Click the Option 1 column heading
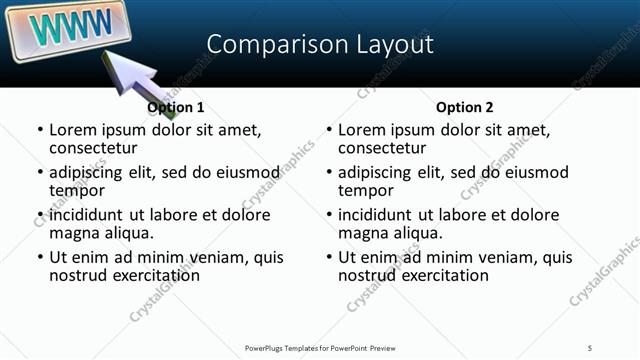175,107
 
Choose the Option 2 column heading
465,107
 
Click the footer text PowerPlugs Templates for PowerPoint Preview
321,347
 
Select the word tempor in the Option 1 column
77,190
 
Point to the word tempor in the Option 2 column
366,190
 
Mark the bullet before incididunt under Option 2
329,215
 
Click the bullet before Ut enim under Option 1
40,257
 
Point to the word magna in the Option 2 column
361,232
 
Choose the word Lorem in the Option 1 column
72,130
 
